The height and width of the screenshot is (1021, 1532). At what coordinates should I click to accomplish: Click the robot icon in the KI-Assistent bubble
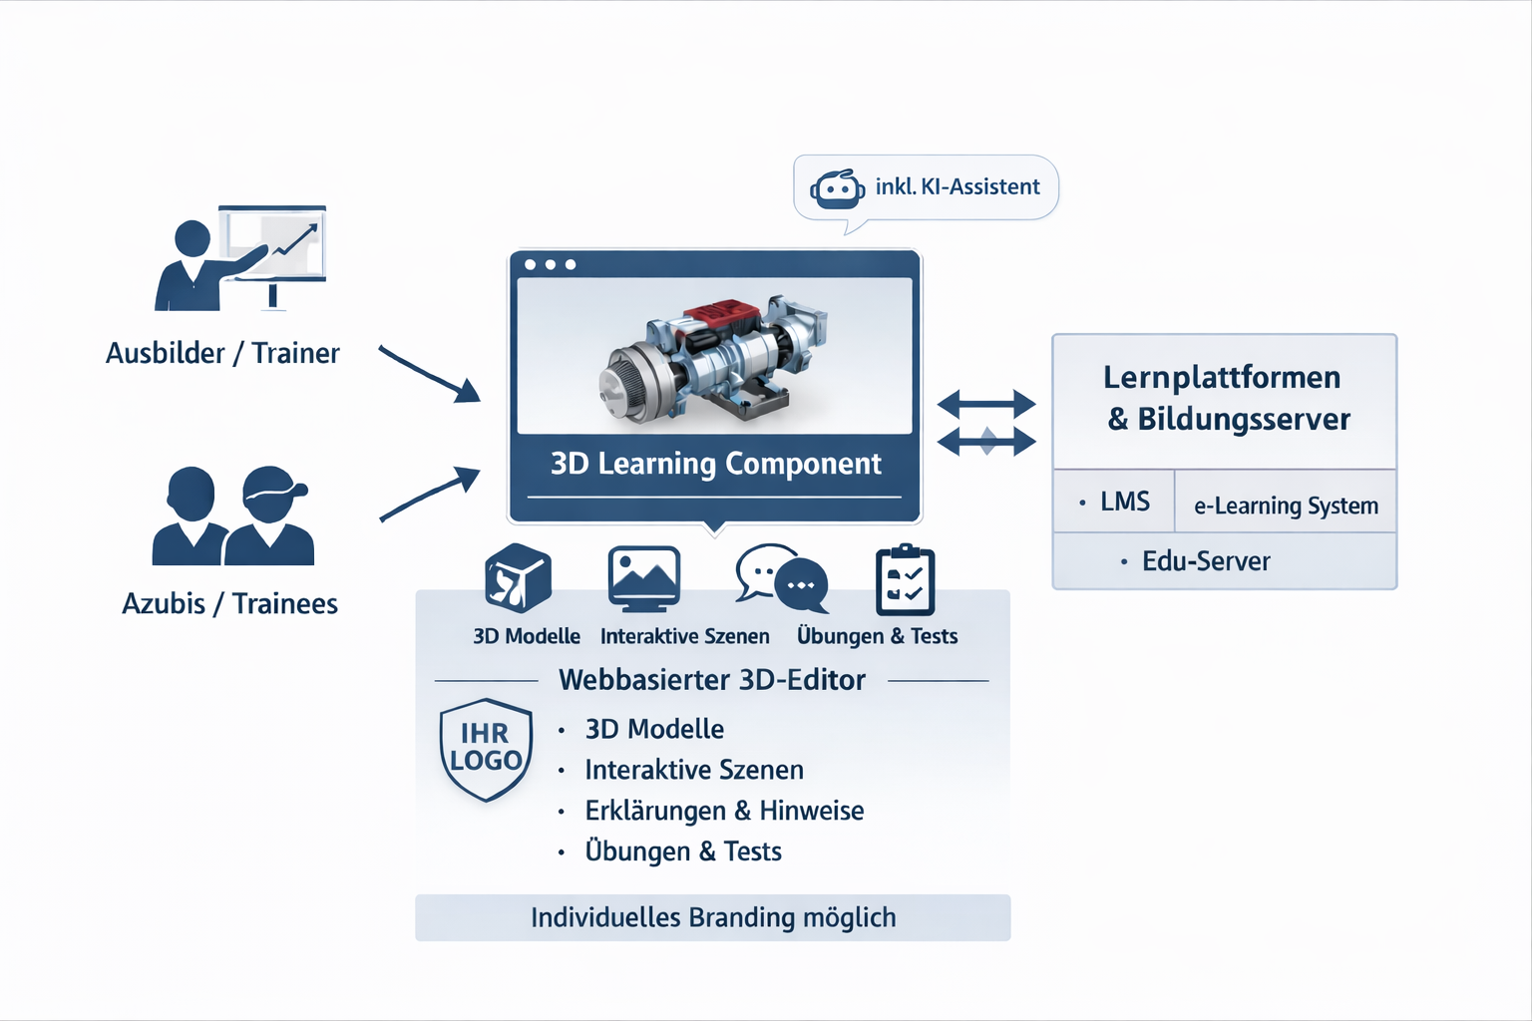click(x=837, y=188)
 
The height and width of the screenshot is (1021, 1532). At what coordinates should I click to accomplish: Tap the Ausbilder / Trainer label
click(x=222, y=353)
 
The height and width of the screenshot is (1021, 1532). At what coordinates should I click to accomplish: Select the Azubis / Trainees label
click(x=229, y=603)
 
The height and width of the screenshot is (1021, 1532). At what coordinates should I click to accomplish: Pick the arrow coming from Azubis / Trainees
click(x=430, y=495)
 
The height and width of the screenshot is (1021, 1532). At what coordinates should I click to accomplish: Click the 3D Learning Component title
click(x=715, y=464)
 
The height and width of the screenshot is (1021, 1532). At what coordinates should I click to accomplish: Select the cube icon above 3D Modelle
click(x=518, y=578)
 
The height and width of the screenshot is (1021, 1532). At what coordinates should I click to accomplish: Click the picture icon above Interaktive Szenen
click(x=644, y=578)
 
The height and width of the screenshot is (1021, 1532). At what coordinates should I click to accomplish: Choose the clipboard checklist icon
click(x=905, y=580)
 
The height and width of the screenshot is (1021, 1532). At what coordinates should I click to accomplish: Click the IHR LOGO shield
click(x=486, y=749)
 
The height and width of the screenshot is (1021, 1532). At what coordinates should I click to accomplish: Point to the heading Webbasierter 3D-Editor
click(x=712, y=680)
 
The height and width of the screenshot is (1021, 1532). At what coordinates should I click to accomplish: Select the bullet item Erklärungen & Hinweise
click(x=724, y=811)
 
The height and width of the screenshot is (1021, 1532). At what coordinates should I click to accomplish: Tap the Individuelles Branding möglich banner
click(x=712, y=917)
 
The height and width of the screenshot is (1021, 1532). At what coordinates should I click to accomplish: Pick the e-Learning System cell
click(x=1286, y=506)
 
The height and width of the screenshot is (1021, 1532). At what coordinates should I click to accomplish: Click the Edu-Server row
click(x=1206, y=561)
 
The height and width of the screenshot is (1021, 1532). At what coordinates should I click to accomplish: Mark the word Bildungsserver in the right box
click(x=1244, y=419)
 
